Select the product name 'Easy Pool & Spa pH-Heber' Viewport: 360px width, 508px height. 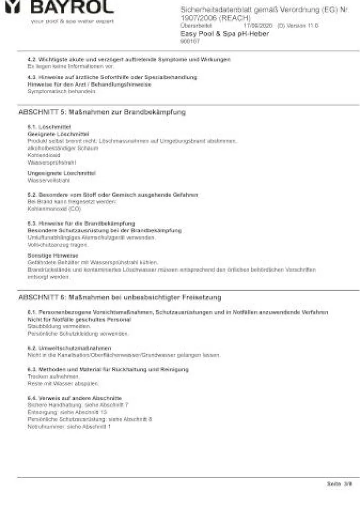pos(224,34)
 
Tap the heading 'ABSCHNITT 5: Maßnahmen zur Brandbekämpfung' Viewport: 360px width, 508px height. pos(102,112)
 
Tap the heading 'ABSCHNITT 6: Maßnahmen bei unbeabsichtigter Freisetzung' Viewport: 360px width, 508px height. pos(120,298)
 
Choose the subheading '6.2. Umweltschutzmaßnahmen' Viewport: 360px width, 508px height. pos(69,348)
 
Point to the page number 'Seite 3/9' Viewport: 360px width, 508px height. pos(339,484)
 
